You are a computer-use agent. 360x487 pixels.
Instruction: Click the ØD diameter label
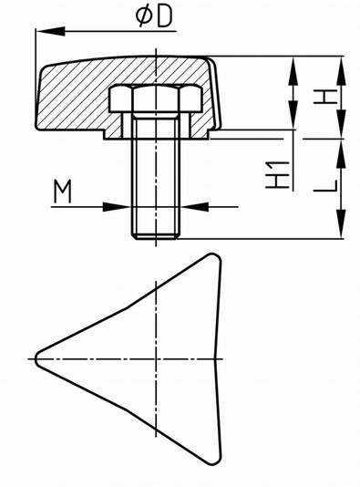154,16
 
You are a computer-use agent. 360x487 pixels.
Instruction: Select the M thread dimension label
62,192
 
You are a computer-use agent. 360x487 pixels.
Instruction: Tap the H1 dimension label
278,175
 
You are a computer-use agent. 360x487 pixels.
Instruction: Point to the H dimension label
325,97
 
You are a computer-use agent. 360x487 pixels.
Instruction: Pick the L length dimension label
325,186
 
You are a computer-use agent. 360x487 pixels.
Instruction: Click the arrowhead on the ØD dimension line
50,31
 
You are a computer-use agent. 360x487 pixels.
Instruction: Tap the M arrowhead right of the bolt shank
195,206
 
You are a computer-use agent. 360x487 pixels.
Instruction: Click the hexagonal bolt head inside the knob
156,98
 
